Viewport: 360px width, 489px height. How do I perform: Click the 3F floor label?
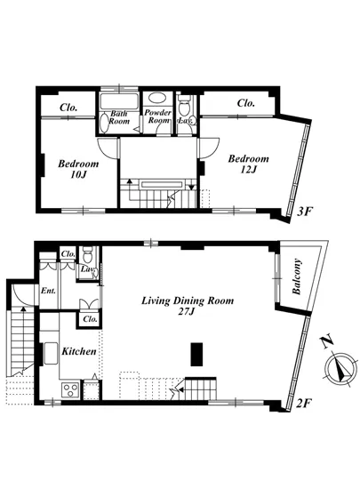pos(304,212)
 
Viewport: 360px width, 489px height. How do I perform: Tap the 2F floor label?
pos(303,404)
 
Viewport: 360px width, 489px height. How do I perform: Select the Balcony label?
pos(297,277)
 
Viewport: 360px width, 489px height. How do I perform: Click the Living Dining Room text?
pos(188,301)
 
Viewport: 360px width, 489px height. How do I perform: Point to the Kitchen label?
pos(79,351)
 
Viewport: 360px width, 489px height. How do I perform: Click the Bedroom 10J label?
pos(78,169)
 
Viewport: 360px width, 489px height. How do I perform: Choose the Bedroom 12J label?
pos(248,164)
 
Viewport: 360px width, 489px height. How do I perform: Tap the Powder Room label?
pos(157,116)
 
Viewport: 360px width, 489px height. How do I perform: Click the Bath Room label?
pos(119,117)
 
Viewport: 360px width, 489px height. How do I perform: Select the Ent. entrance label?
pos(48,291)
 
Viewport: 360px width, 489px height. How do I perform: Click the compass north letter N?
pos(327,341)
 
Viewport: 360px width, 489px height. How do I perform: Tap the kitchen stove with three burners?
pos(70,389)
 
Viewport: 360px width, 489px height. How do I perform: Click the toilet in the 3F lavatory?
pos(185,106)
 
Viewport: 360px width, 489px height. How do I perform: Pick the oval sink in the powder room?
pos(157,98)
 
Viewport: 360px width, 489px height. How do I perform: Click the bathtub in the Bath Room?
pos(119,101)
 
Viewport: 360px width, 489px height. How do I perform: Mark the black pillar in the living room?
pos(196,354)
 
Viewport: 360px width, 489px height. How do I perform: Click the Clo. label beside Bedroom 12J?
pos(246,103)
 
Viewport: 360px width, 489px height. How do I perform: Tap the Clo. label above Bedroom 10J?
pos(68,108)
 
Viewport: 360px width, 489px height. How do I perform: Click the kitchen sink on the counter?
pos(51,354)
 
